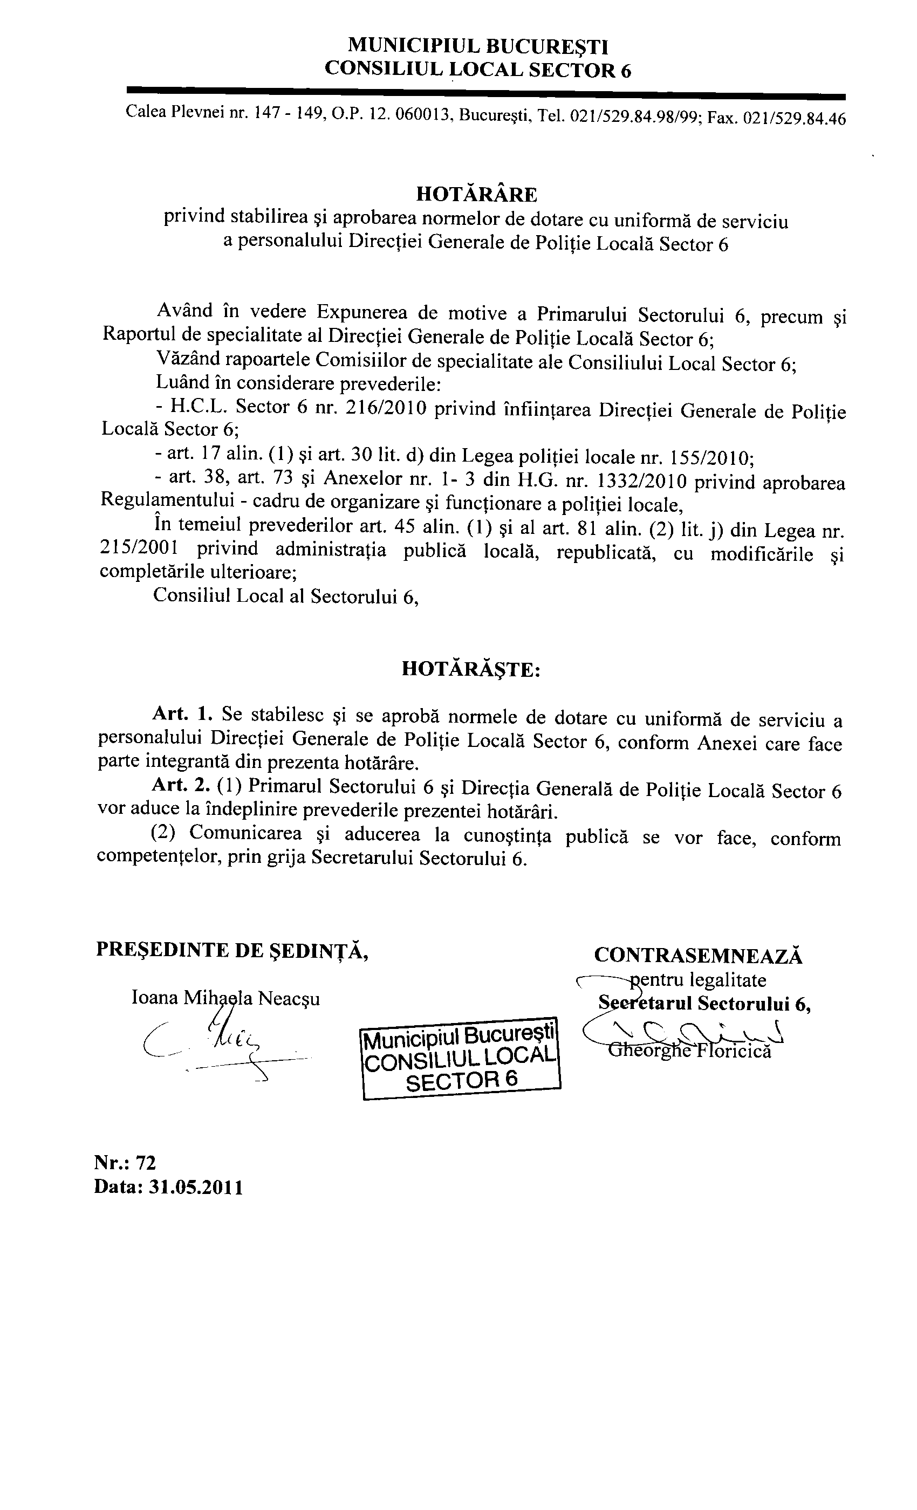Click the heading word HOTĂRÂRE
click(x=476, y=194)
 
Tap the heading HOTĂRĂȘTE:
click(x=471, y=669)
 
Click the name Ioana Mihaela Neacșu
click(x=225, y=998)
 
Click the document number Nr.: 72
click(x=125, y=1163)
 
